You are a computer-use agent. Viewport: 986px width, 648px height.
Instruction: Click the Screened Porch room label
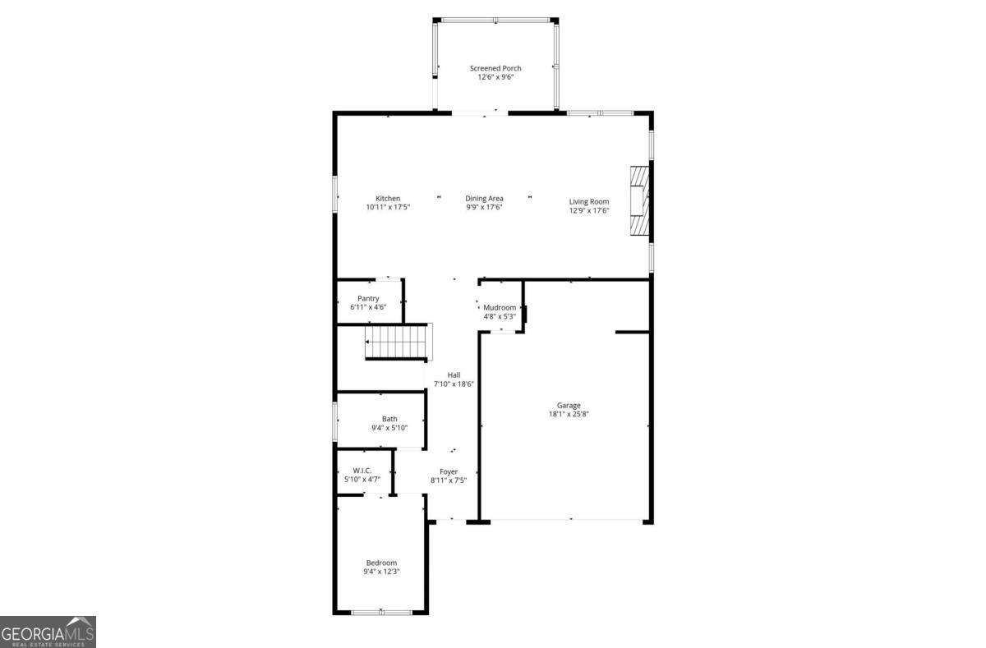point(495,68)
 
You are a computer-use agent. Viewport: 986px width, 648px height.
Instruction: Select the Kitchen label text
point(388,199)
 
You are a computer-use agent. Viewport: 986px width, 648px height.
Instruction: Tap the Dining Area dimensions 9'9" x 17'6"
point(484,208)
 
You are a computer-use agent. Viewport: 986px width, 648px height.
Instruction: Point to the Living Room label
point(589,201)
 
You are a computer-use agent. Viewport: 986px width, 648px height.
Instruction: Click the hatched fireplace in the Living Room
point(639,202)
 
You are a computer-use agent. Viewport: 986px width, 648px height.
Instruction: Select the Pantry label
point(368,298)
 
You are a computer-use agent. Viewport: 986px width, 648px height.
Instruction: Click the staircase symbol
point(399,342)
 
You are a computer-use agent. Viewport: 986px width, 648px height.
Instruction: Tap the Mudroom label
point(500,307)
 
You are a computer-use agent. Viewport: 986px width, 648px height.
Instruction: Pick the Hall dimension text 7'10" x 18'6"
point(454,384)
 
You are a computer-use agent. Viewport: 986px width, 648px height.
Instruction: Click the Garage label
point(569,405)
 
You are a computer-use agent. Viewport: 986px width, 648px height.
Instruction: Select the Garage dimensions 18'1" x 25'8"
point(569,414)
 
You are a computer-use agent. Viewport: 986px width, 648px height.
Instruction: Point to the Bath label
point(389,419)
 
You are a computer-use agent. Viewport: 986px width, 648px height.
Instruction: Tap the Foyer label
point(449,471)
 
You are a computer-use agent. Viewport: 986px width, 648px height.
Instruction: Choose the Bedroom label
point(381,563)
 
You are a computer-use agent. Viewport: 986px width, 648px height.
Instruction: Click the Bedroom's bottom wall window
point(381,612)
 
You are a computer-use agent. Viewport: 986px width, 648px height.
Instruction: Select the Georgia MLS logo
point(48,632)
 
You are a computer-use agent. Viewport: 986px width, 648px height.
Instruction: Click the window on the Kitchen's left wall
point(335,195)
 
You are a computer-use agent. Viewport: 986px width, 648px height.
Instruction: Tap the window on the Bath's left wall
point(335,420)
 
